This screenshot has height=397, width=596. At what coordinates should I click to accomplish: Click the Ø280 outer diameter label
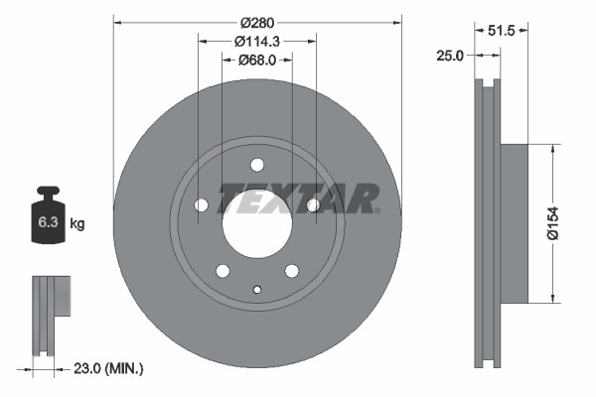pyautogui.click(x=257, y=21)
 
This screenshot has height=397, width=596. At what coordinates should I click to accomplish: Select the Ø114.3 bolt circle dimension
pyautogui.click(x=257, y=41)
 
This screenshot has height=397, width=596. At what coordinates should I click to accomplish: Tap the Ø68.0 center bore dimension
pyautogui.click(x=257, y=61)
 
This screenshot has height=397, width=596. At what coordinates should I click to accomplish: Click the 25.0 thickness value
pyautogui.click(x=450, y=56)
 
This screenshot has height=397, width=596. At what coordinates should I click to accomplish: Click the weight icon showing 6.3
pyautogui.click(x=48, y=219)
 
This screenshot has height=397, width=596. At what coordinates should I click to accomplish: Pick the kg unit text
pyautogui.click(x=77, y=224)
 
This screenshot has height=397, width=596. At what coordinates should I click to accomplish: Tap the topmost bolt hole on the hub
pyautogui.click(x=257, y=165)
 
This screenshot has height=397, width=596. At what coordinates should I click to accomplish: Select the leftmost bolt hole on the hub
pyautogui.click(x=201, y=205)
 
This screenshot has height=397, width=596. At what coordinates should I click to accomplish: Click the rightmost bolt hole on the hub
pyautogui.click(x=314, y=205)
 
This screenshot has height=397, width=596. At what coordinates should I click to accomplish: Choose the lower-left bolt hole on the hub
pyautogui.click(x=223, y=271)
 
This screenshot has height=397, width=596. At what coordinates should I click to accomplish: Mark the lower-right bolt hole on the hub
pyautogui.click(x=292, y=271)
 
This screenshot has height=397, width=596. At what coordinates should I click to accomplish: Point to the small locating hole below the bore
pyautogui.click(x=257, y=290)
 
